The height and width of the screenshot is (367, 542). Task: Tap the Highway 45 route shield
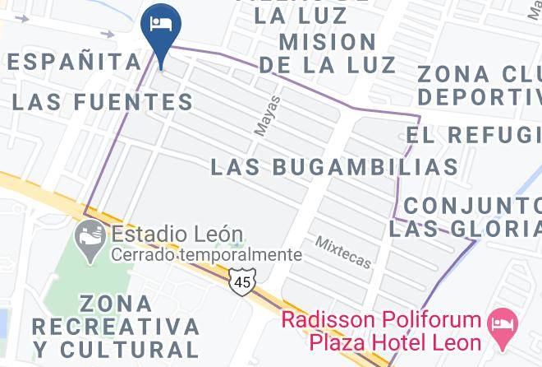coord(242,280)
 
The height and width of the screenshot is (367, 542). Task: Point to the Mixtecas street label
coord(343,252)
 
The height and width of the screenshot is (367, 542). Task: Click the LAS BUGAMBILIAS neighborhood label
coord(334,166)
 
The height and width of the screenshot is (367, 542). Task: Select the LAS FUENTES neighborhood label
coord(103,103)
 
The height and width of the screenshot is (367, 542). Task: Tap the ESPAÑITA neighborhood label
coord(73,61)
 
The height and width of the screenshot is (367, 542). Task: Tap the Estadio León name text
coord(177,235)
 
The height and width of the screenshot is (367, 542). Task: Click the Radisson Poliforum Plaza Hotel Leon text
coord(382,329)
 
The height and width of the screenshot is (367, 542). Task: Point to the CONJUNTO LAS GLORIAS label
coord(465,216)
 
